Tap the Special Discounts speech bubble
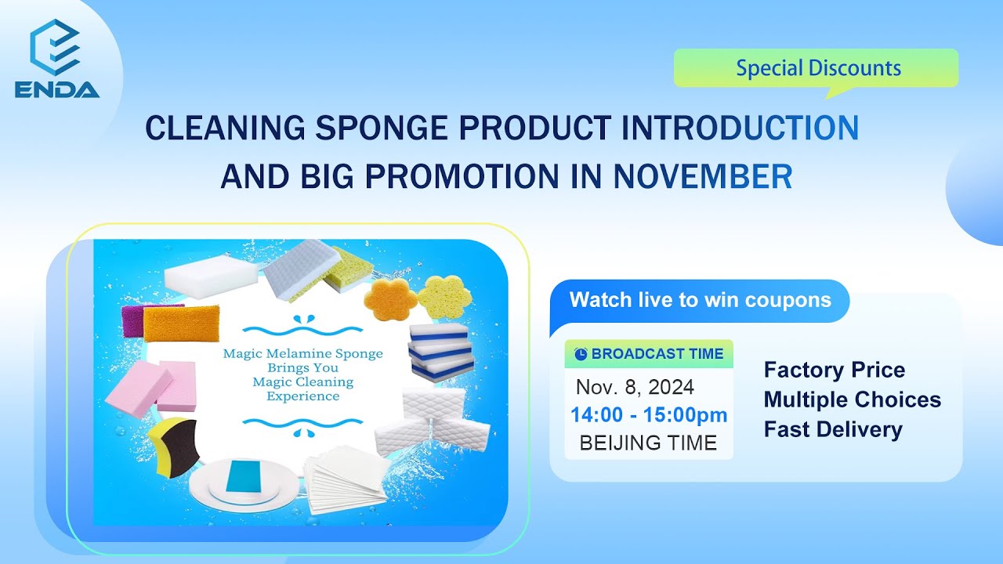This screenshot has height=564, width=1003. (816, 68)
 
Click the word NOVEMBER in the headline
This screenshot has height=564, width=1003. (702, 178)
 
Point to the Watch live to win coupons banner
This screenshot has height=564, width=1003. (699, 300)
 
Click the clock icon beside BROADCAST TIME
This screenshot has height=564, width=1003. (581, 354)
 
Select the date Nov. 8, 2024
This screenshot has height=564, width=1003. (635, 387)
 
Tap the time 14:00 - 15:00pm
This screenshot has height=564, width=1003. (649, 415)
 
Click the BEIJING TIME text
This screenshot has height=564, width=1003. (648, 443)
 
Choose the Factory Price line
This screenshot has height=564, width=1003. (834, 370)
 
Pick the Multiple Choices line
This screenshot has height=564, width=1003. (852, 399)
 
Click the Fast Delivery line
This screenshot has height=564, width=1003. (832, 429)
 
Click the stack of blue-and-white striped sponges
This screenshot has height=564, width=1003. (441, 351)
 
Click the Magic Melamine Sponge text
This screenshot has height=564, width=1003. (302, 353)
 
